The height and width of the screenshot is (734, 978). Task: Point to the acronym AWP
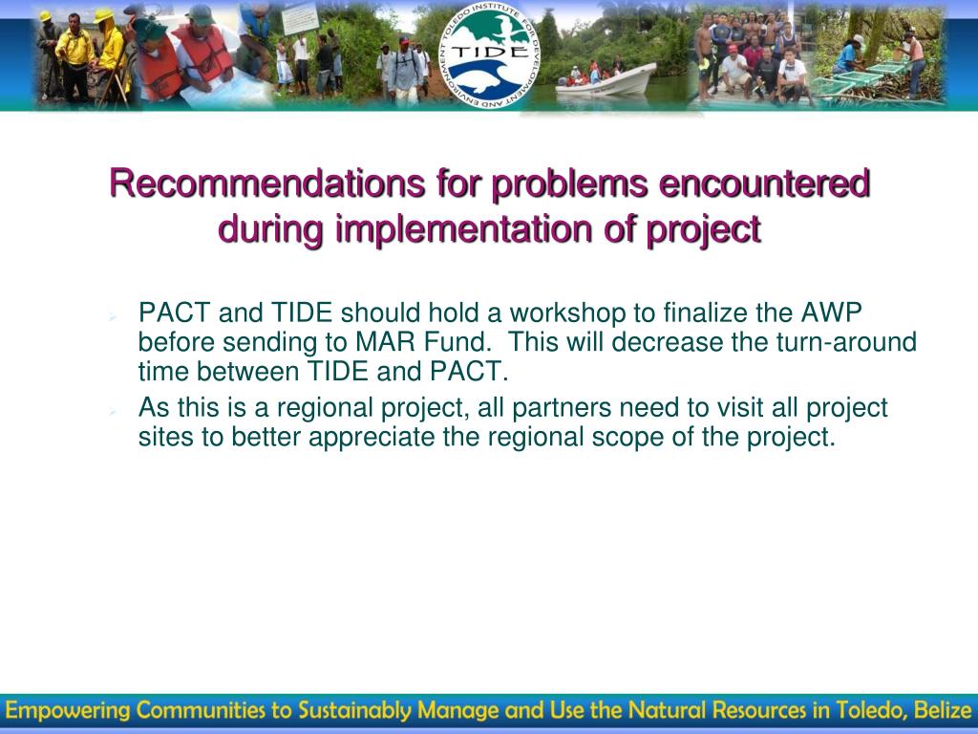pos(832,313)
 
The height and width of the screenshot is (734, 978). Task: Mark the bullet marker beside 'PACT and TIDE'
pos(113,317)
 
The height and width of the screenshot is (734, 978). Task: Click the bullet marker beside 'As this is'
pos(113,411)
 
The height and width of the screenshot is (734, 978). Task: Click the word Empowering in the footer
pos(68,711)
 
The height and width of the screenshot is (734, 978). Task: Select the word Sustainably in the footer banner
pos(355,711)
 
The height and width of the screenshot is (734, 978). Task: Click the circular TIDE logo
pos(490,54)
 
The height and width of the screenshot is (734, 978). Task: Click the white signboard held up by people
pos(300,19)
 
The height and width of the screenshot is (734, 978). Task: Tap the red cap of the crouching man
pos(732,48)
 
